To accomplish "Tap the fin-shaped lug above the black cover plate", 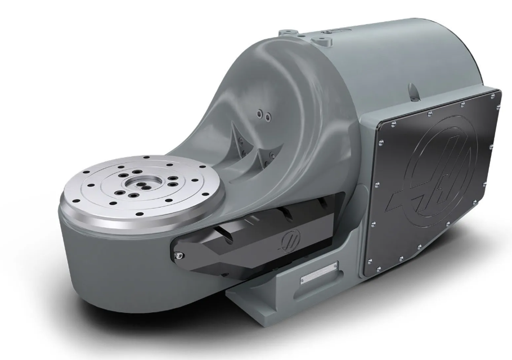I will coord(413,90).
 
